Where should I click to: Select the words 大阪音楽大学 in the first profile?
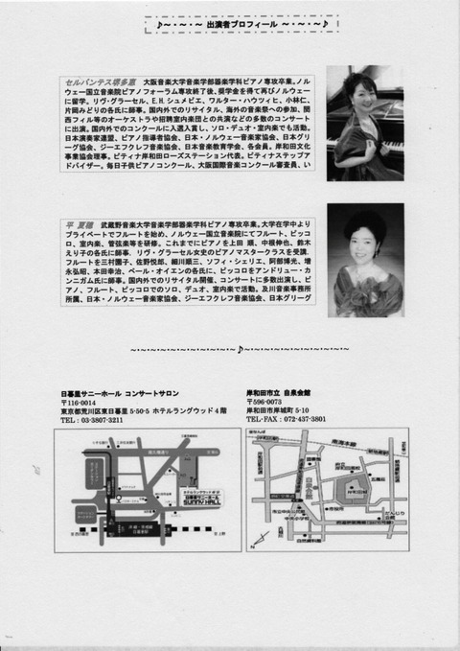pos(165,83)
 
